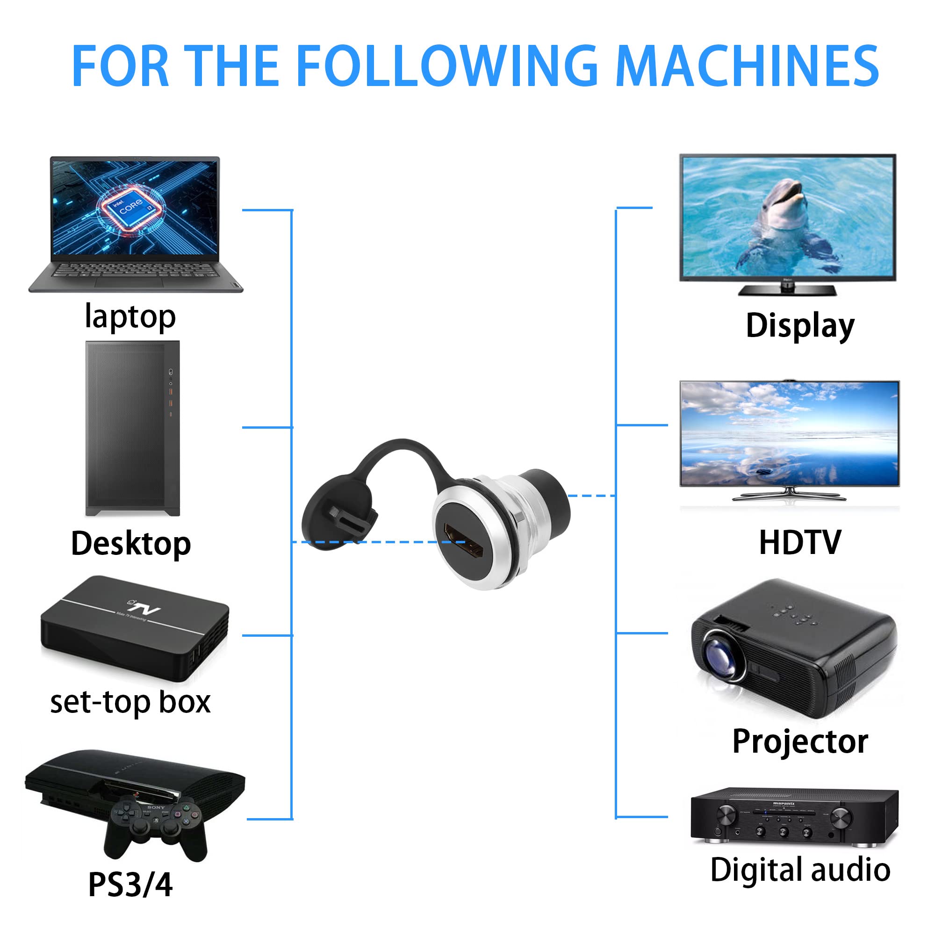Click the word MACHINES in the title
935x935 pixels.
[748, 66]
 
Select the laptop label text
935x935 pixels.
[130, 317]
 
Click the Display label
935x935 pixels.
[800, 326]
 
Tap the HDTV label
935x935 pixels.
[800, 542]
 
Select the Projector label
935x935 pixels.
[800, 741]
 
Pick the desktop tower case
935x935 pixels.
[133, 428]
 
